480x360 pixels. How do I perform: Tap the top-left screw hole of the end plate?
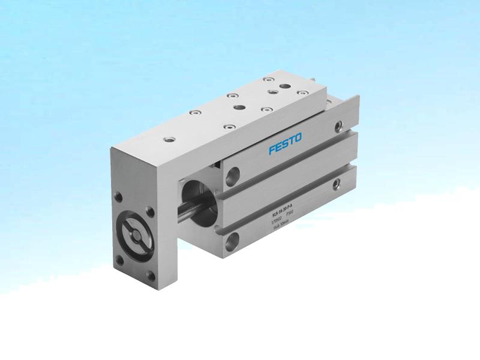click(119, 196)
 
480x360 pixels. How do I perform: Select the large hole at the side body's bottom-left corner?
click(232, 242)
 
